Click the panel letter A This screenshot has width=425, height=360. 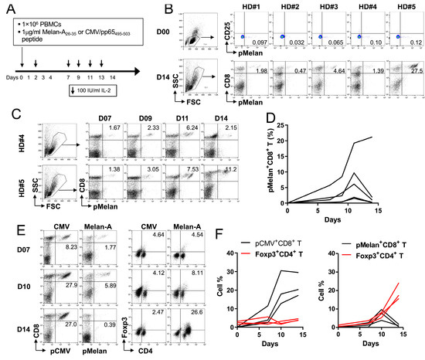(x=8, y=8)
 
